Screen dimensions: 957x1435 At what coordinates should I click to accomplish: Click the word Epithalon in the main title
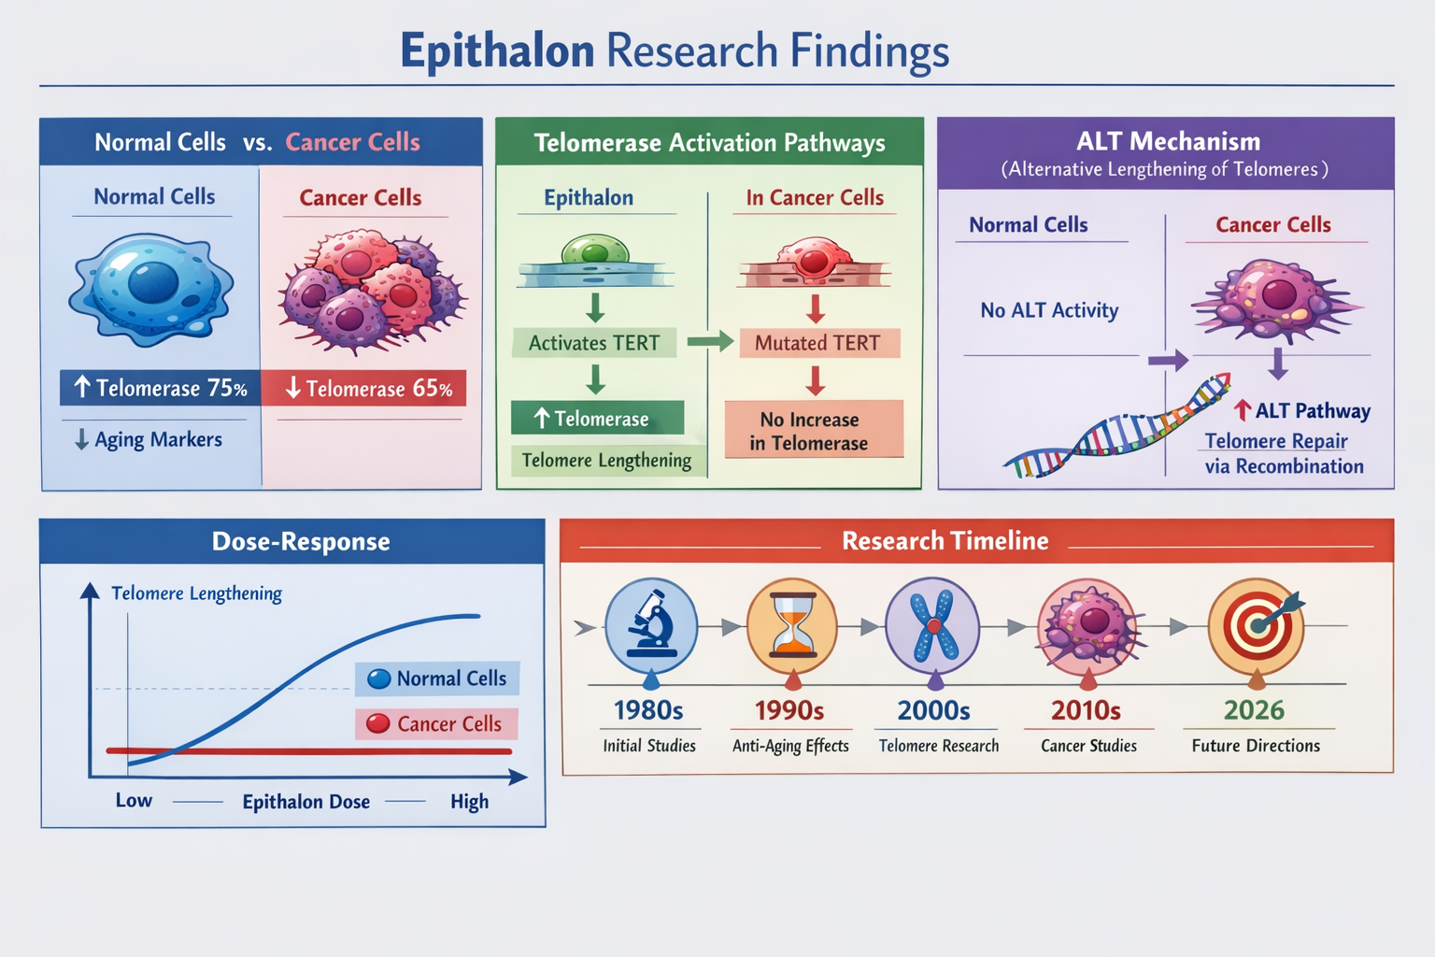tap(497, 50)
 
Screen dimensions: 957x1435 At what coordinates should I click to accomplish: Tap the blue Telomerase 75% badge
tap(160, 388)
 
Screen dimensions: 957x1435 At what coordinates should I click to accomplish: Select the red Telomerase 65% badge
tap(364, 389)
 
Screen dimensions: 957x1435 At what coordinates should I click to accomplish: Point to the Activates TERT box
tap(594, 343)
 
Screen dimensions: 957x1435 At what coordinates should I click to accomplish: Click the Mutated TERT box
tap(817, 343)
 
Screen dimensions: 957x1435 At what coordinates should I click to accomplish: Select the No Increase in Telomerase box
tap(813, 431)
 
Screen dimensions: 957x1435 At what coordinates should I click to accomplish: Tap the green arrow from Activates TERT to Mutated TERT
tap(709, 342)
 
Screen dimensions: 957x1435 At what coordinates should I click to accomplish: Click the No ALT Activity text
tap(1049, 310)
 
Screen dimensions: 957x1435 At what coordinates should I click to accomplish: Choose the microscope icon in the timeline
tap(651, 624)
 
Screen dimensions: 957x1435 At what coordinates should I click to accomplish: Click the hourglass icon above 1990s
tap(792, 625)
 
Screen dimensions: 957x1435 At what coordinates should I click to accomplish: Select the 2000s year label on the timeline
tap(933, 711)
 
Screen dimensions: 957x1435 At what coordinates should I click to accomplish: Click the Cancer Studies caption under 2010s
tap(1088, 746)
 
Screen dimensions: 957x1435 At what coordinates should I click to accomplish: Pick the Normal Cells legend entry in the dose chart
tap(437, 678)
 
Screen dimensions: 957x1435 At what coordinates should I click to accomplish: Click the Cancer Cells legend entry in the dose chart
tap(436, 724)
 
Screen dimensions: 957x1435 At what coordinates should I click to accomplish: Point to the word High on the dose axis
tap(469, 802)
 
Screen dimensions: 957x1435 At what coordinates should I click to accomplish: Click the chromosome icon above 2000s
tap(932, 625)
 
